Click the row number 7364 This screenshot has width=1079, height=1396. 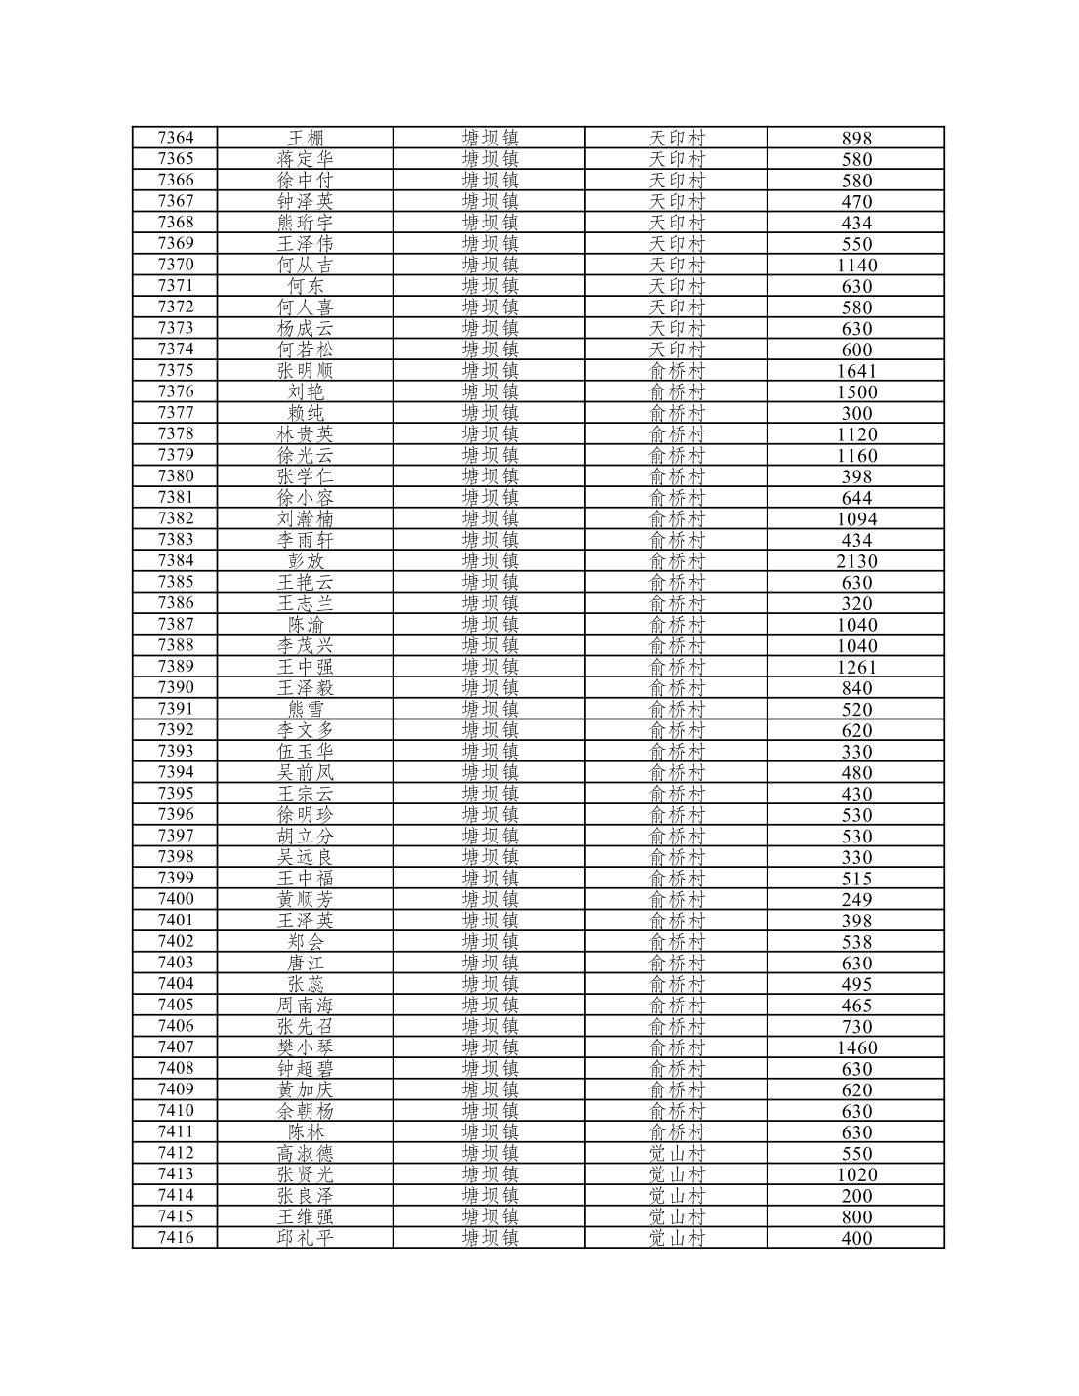pos(176,138)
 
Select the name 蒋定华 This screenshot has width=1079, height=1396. pos(305,159)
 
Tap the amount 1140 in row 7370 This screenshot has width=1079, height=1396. pos(856,265)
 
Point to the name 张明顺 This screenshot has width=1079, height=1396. pos(305,370)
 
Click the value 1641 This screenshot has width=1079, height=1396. pos(856,371)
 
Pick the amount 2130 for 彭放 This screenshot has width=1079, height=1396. pos(856,561)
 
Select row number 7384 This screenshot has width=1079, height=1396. pos(176,560)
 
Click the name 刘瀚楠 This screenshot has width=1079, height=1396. pos(305,518)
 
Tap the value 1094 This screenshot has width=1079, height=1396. pos(856,518)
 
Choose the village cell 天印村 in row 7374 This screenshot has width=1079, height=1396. pos(677,349)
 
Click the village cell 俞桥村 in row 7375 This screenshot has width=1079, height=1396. pos(677,371)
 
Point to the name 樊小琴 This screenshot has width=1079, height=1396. pos(305,1047)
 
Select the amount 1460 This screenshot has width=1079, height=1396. pos(856,1047)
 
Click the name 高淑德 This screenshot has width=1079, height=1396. pos(305,1153)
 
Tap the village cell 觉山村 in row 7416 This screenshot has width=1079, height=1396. pos(677,1238)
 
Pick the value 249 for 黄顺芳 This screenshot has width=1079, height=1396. pos(856,899)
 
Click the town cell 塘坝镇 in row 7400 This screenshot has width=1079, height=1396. pos(489,899)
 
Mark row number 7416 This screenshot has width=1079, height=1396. pos(176,1238)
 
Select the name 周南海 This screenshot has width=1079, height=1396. pos(305,1005)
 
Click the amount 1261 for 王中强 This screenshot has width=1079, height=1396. pos(856,667)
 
